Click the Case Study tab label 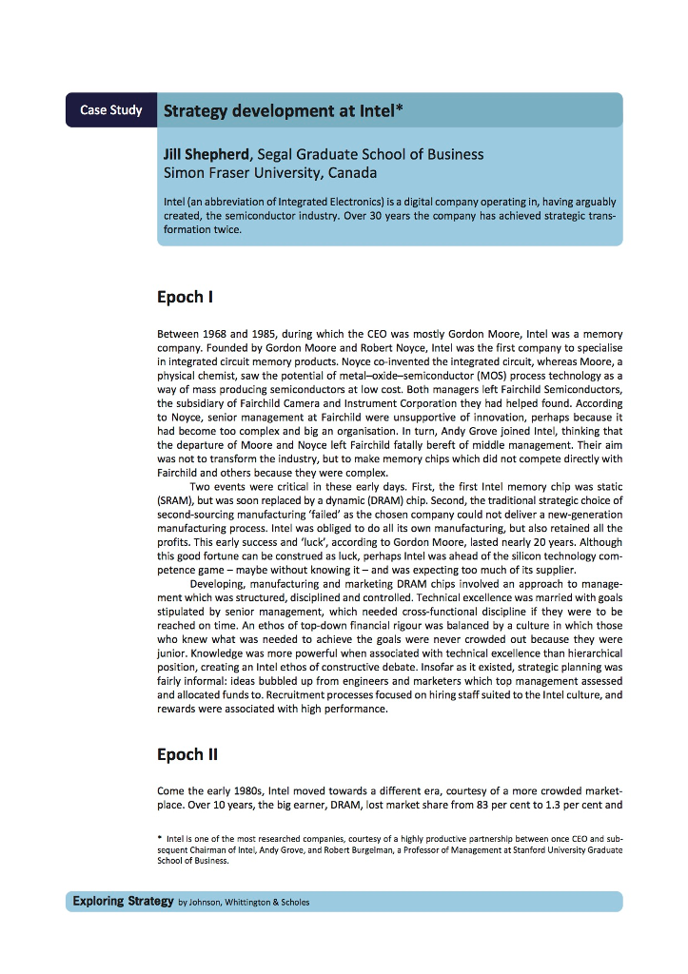click(x=110, y=110)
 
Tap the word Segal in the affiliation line click(x=278, y=154)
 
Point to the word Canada click(x=353, y=173)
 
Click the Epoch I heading click(x=184, y=297)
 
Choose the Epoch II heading click(x=187, y=754)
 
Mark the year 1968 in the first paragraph click(x=219, y=335)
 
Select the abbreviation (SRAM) click(x=177, y=499)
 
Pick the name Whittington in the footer click(x=249, y=902)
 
